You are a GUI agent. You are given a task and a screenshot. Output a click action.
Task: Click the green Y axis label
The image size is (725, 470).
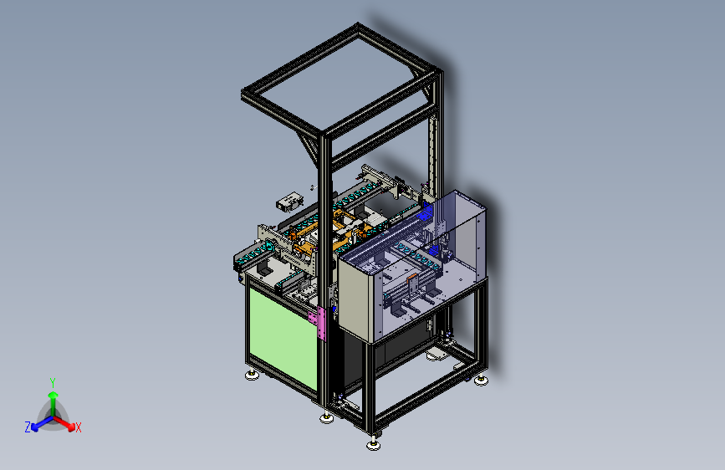point(53,382)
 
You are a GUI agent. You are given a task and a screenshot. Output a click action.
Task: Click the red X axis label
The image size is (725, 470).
point(78,427)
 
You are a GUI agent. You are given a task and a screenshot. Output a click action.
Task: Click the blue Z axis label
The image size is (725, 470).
point(28,427)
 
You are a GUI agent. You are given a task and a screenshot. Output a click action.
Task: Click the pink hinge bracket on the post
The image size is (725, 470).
point(320,324)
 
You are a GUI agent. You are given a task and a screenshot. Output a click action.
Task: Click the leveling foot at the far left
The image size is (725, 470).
point(252,375)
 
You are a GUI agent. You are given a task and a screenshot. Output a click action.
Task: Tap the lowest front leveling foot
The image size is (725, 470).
point(374,444)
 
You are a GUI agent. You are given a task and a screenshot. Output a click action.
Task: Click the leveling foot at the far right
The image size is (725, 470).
point(481,381)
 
